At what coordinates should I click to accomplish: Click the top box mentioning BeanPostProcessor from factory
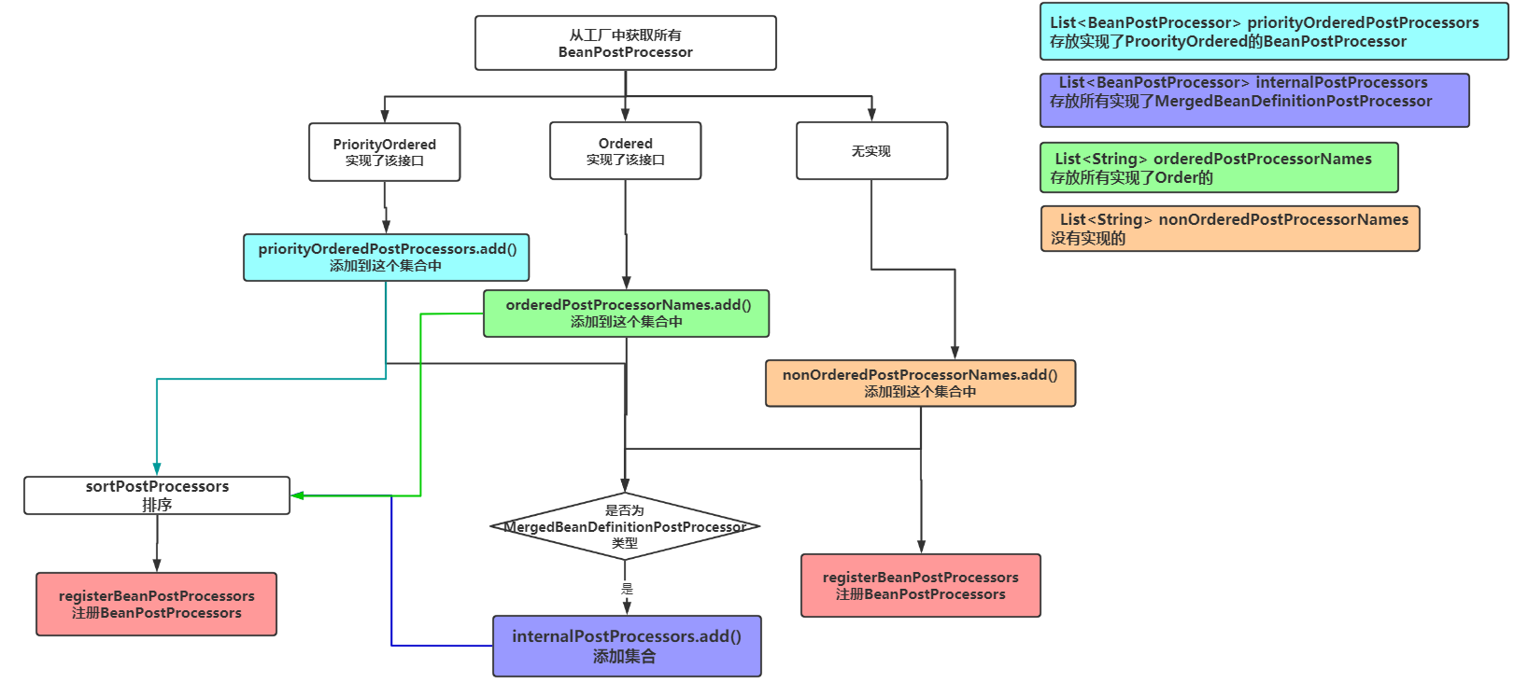click(625, 43)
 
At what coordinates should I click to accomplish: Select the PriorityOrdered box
click(385, 152)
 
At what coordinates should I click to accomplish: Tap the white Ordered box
click(625, 150)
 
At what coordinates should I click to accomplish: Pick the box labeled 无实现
click(872, 150)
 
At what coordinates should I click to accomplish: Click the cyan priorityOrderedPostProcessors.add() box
click(386, 258)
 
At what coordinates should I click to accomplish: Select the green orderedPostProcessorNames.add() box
click(626, 314)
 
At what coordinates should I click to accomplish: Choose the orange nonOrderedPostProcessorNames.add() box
click(920, 383)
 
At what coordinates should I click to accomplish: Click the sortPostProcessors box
click(157, 495)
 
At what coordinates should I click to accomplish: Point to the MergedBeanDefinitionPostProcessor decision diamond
click(625, 526)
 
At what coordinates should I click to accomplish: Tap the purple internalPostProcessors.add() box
click(627, 646)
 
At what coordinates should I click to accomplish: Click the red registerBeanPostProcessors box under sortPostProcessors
click(156, 604)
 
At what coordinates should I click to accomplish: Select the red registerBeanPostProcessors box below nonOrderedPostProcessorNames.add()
click(921, 585)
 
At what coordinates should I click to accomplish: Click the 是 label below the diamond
click(628, 589)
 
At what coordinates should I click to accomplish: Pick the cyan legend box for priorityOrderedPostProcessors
click(1274, 31)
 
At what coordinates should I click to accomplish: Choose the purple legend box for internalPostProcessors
click(1254, 100)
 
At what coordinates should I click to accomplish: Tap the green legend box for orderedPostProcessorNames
click(1219, 167)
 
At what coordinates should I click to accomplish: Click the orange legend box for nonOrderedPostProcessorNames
click(1230, 229)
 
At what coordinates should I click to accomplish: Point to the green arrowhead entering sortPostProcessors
click(297, 495)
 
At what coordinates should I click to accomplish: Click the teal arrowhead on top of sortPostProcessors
click(157, 469)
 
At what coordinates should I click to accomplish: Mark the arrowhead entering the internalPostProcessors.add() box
click(628, 608)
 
